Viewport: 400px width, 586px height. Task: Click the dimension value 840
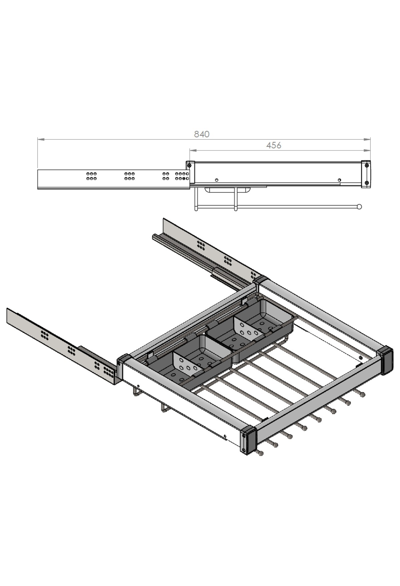[202, 134]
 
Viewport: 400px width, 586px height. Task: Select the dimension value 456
[274, 146]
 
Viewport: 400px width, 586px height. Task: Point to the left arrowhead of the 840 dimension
[41, 140]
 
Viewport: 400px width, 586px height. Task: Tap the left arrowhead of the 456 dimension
[193, 150]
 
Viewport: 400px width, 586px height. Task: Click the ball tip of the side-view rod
[359, 206]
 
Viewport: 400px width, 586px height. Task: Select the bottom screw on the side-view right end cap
[367, 182]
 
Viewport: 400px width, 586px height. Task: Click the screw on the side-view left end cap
[190, 165]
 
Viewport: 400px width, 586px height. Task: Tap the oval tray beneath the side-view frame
[229, 190]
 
